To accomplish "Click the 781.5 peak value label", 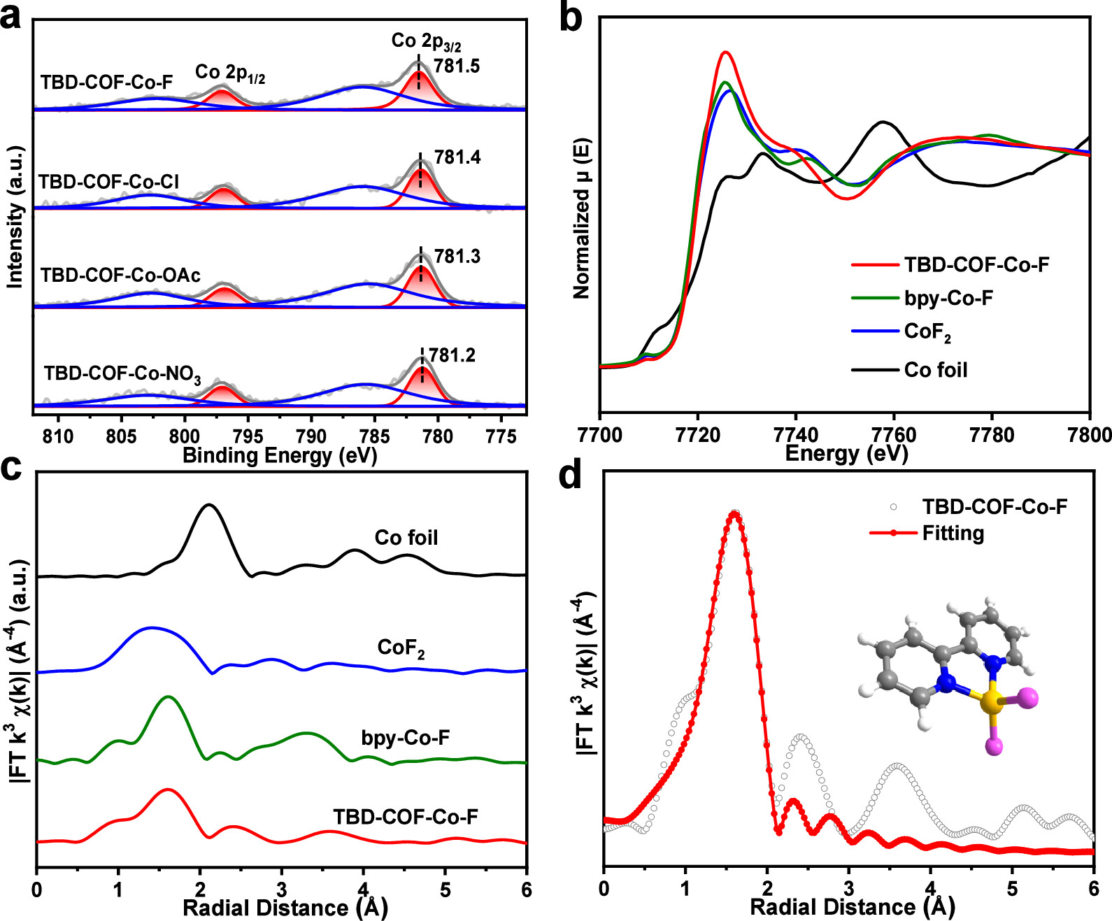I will click(457, 66).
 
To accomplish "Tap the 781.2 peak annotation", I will click(452, 355).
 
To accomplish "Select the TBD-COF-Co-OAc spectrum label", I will click(120, 276).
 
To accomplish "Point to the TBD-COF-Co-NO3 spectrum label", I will click(122, 374).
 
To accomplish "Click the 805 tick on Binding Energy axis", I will click(121, 436).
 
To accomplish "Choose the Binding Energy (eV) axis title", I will click(280, 456).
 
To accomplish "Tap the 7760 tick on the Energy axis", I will click(894, 435).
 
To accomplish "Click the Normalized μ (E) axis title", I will click(582, 219).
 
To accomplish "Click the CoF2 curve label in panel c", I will click(401, 648).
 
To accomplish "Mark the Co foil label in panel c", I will click(406, 538).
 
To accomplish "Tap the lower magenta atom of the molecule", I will click(994, 747).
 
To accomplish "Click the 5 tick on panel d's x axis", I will click(1012, 888).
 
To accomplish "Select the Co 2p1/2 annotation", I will click(230, 73).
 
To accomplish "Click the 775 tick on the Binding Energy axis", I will click(501, 436).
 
